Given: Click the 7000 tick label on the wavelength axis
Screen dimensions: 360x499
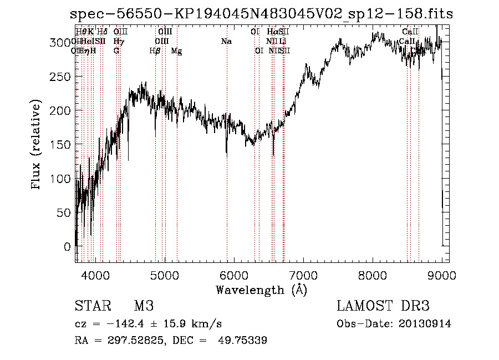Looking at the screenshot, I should coord(303,275).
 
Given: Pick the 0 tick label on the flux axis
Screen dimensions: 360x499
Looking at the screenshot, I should coord(68,246).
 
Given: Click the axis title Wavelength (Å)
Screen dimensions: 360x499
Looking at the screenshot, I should coord(261,290).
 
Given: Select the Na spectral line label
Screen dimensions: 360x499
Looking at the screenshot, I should coord(226,41).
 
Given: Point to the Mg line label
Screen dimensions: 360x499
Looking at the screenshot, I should coord(176,51).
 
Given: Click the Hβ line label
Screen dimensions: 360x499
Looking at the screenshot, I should coord(155,51).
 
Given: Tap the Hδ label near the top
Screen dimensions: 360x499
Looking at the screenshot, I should coord(102,32).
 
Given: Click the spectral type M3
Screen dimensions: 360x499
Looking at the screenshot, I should coord(144,307).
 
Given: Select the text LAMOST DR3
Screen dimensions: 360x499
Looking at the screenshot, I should coord(383,307).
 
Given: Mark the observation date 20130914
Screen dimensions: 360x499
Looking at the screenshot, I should coord(424,324).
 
